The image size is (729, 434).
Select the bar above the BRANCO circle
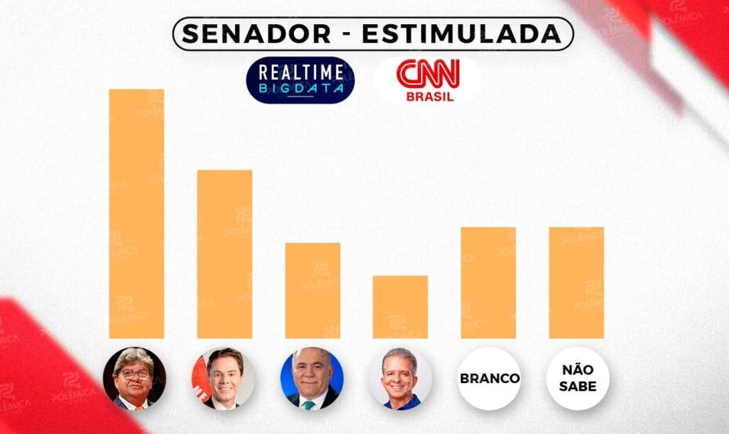click(488, 283)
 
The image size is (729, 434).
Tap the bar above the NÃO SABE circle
click(576, 283)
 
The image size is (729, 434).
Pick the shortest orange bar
click(401, 307)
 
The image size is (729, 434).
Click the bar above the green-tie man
click(313, 290)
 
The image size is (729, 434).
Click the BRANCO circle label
click(489, 378)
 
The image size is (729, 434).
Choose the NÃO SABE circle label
click(578, 378)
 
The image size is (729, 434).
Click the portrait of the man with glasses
click(134, 378)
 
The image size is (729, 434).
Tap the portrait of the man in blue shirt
click(400, 378)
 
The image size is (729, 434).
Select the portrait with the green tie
click(312, 378)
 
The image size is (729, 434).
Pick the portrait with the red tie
click(223, 378)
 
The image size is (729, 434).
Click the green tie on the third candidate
click(311, 403)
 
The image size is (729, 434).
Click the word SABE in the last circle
click(578, 386)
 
